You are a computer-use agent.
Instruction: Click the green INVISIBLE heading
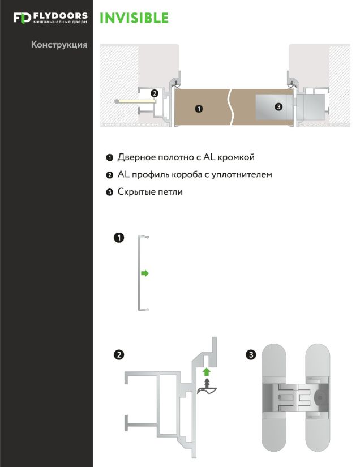[x=134, y=18]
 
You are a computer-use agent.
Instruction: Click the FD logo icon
[x=22, y=18]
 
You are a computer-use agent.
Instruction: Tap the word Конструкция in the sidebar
[x=59, y=45]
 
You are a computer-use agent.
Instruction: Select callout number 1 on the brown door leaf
[x=199, y=109]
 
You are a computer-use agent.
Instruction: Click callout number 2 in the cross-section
[x=154, y=93]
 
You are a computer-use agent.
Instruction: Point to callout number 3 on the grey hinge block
[x=278, y=106]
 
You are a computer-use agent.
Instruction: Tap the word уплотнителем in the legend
[x=242, y=174]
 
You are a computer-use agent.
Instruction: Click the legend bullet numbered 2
[x=110, y=175]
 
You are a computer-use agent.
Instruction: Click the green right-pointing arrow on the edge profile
[x=145, y=273]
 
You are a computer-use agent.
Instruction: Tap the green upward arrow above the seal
[x=207, y=372]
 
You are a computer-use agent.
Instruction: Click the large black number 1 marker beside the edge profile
[x=119, y=238]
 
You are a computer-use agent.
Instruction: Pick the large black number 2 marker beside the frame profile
[x=119, y=355]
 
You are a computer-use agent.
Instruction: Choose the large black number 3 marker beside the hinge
[x=251, y=355]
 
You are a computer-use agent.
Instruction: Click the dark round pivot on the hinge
[x=319, y=397]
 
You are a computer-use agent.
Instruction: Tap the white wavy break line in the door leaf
[x=230, y=107]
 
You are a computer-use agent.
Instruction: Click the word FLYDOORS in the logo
[x=61, y=16]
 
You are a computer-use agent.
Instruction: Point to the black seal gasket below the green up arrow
[x=207, y=388]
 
